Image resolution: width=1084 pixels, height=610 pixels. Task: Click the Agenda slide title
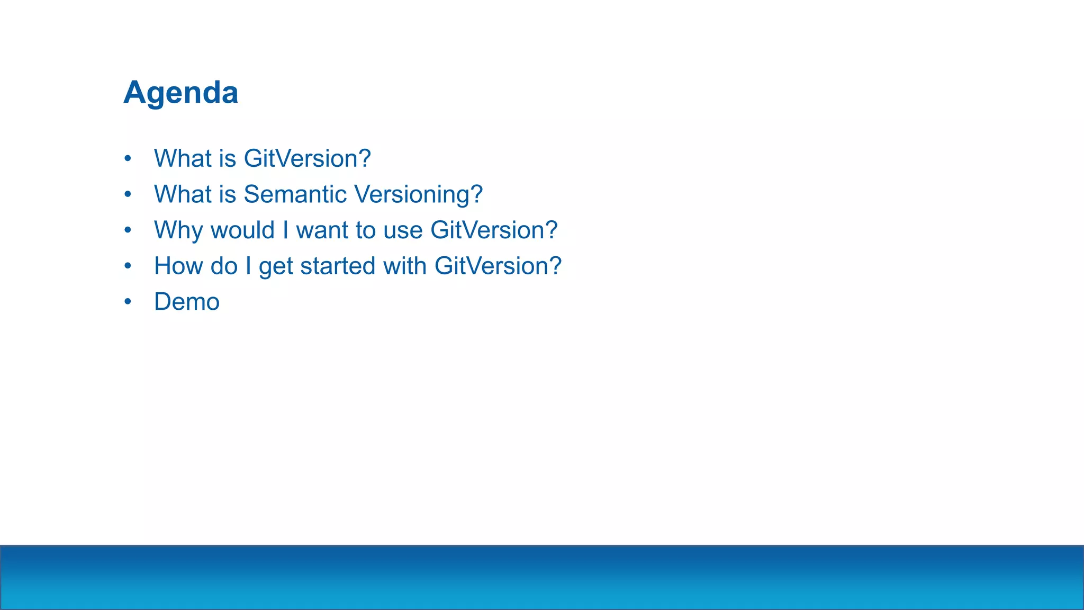180,93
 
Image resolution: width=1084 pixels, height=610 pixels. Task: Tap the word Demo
186,302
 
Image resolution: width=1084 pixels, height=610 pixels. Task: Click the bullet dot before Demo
128,302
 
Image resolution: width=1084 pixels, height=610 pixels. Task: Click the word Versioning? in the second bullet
418,194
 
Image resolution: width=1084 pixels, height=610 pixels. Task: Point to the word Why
178,230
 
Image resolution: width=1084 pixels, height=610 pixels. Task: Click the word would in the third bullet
242,230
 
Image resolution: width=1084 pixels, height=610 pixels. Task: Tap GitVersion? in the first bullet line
307,158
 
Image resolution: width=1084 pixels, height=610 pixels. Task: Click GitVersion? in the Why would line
494,230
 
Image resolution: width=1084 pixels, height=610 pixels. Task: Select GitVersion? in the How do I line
498,266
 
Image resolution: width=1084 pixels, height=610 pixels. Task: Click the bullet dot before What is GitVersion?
128,158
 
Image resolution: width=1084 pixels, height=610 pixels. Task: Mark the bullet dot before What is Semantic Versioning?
128,194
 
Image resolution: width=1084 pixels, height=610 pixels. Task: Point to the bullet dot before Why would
128,230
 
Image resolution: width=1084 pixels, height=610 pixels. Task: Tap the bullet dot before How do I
128,266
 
